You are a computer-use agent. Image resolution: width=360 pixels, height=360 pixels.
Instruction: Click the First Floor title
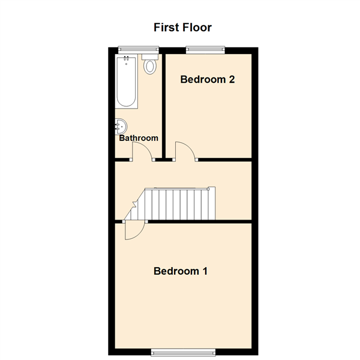pyautogui.click(x=182, y=28)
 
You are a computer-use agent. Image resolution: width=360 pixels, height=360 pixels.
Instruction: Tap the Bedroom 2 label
pyautogui.click(x=208, y=79)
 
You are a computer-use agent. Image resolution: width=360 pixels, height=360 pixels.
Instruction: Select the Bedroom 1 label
pyautogui.click(x=181, y=271)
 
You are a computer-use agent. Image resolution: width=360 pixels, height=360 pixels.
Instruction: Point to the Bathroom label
pyautogui.click(x=139, y=138)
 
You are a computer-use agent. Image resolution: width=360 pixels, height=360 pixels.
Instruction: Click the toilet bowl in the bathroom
pyautogui.click(x=150, y=67)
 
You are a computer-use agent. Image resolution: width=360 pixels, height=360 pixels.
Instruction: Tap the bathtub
pyautogui.click(x=126, y=81)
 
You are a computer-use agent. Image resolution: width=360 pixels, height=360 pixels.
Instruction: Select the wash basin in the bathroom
pyautogui.click(x=121, y=126)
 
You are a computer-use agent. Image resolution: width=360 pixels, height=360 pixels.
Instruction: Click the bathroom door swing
pyautogui.click(x=142, y=151)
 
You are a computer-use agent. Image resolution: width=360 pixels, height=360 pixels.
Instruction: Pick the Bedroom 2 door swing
pyautogui.click(x=185, y=151)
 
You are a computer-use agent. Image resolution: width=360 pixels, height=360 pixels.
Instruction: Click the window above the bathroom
pyautogui.click(x=139, y=49)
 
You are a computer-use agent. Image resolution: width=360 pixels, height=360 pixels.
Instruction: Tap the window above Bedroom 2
pyautogui.click(x=205, y=49)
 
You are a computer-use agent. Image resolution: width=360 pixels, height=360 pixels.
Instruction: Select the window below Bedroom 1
pyautogui.click(x=183, y=352)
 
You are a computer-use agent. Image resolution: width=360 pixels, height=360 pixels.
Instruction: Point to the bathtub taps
pyautogui.click(x=126, y=59)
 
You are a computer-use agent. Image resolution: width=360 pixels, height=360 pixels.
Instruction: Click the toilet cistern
pyautogui.click(x=150, y=57)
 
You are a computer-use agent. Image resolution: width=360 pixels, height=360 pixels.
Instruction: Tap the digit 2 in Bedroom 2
pyautogui.click(x=232, y=79)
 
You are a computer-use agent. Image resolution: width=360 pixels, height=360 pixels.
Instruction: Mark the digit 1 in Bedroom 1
pyautogui.click(x=205, y=271)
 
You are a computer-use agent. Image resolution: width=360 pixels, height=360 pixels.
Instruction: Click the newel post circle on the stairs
pyautogui.click(x=208, y=189)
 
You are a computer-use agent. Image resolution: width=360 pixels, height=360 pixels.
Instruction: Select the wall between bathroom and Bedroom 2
pyautogui.click(x=164, y=106)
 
